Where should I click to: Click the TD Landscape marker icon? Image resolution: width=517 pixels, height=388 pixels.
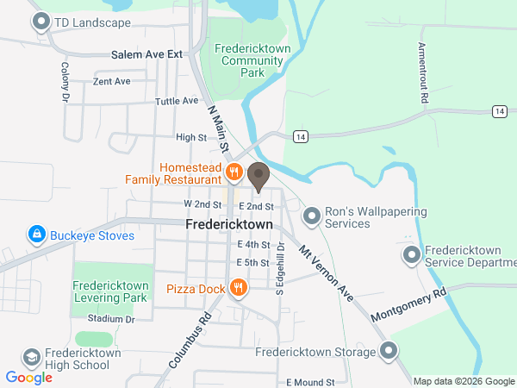(x=40, y=23)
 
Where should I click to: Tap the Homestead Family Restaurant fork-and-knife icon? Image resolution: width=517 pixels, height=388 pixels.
(x=233, y=172)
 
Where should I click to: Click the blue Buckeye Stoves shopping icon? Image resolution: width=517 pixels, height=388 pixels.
(x=36, y=235)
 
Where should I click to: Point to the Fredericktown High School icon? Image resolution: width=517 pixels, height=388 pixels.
(x=32, y=358)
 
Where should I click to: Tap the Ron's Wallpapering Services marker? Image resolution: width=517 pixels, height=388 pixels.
(x=312, y=213)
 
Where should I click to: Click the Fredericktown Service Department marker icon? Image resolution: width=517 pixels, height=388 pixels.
(x=413, y=255)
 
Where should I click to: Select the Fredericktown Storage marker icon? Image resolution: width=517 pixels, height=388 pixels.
(x=389, y=351)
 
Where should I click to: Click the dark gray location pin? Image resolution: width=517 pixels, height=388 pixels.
(x=258, y=177)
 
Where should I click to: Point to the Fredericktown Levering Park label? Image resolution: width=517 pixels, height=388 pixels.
(x=113, y=291)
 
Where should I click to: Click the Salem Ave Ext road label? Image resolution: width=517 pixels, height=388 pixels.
(x=147, y=54)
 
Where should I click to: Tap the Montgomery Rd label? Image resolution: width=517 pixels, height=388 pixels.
(x=409, y=305)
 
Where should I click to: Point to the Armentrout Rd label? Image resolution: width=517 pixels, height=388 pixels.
(x=423, y=73)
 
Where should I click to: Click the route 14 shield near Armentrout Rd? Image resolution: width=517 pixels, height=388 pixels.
(x=499, y=111)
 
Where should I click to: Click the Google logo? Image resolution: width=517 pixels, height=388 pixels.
(x=29, y=378)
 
